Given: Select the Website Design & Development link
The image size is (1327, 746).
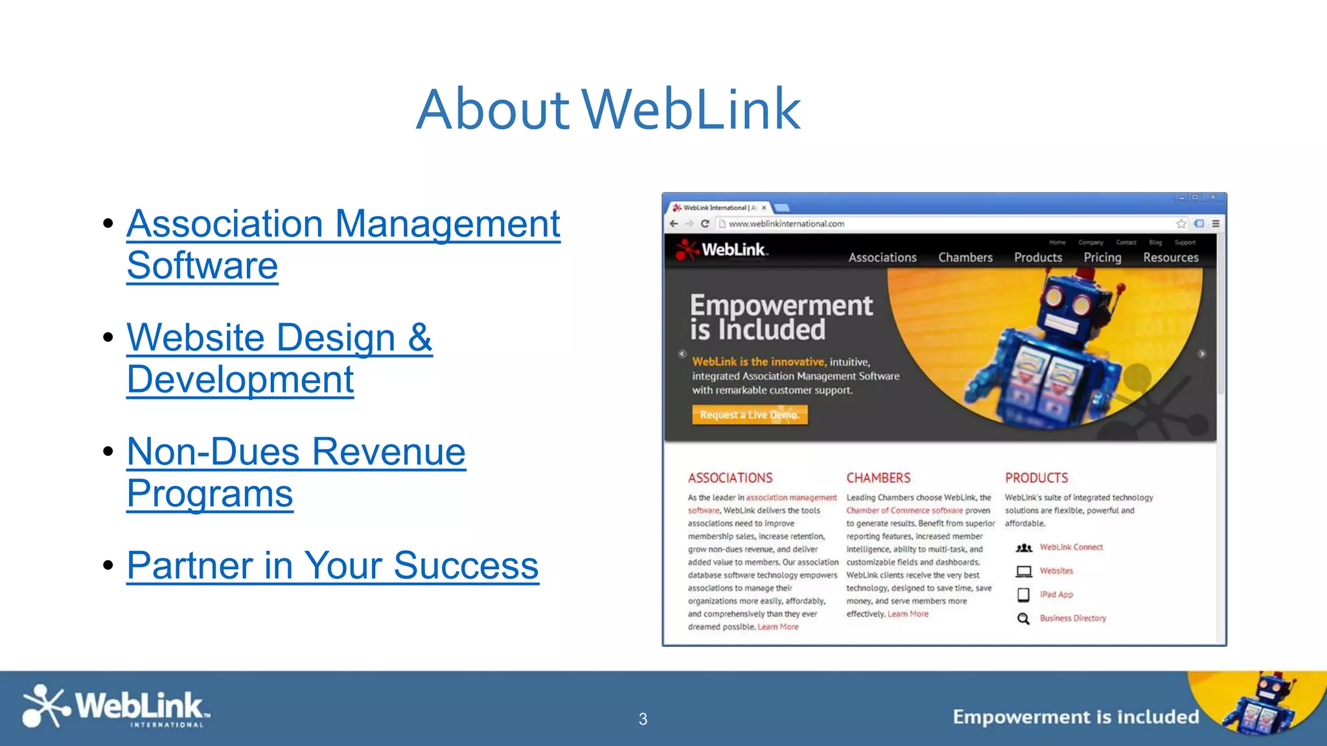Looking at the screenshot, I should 279,357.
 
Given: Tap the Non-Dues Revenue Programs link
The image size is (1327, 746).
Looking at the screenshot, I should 296,471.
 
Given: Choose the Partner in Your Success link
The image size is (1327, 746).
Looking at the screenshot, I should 332,565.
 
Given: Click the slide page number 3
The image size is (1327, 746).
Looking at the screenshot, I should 643,719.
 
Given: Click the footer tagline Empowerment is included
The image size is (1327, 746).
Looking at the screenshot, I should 1076,717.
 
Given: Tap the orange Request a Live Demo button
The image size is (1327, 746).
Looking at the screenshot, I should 750,414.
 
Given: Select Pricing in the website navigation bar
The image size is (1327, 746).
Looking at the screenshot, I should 1102,257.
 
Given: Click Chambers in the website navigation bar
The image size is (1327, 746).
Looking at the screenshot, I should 965,257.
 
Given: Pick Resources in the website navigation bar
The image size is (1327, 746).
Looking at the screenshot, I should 1170,257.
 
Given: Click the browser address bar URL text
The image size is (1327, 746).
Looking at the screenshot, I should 786,224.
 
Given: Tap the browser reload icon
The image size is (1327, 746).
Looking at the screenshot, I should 705,223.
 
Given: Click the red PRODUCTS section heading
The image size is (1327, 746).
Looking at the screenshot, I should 1036,478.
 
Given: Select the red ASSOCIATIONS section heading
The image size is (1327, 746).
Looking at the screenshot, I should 730,478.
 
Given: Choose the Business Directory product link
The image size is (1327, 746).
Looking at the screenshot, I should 1072,618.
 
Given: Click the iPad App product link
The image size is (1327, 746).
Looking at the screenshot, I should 1056,594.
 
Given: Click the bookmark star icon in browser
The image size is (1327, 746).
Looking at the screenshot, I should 1181,223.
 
